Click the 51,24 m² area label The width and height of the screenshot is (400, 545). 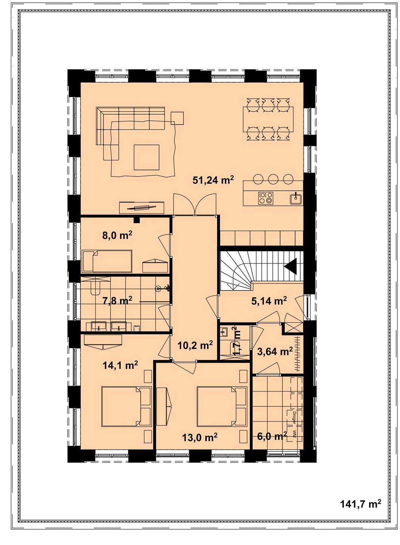pos(213,180)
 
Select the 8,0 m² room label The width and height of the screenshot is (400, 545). pos(117,235)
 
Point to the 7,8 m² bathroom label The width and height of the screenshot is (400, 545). pos(117,301)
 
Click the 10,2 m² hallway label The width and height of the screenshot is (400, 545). pos(195,345)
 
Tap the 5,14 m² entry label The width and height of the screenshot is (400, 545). pos(269,301)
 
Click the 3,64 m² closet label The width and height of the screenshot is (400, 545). pos(275,352)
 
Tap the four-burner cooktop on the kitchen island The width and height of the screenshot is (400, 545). pos(266,198)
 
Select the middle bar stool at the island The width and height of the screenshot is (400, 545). pos(273,179)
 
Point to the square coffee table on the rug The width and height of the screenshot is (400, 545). pos(146,157)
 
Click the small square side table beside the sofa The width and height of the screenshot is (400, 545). pos(177,118)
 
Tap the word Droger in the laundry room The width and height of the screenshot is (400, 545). pos(294,417)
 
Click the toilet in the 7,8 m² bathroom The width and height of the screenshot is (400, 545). pos(95,288)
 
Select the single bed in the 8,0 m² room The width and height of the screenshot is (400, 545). pos(107,261)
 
